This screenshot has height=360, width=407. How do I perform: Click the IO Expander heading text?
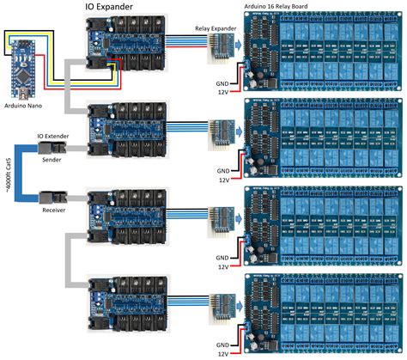pyautogui.click(x=118, y=8)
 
